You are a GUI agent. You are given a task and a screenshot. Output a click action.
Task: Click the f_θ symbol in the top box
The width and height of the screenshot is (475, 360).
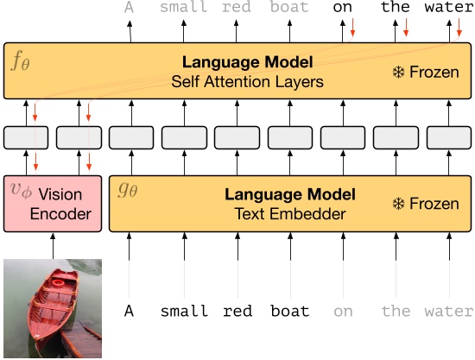pos(19,60)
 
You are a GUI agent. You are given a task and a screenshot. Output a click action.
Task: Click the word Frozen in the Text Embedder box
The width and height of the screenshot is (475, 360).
pos(434,204)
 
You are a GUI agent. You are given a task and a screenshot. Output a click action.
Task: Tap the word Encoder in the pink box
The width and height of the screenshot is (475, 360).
pos(60,214)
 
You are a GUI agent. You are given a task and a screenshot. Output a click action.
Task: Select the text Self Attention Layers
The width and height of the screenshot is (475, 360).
pos(248,83)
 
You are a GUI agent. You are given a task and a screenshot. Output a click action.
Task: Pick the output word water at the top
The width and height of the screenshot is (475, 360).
pos(449,9)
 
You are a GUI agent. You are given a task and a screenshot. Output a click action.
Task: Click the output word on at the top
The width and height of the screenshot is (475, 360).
pos(343,9)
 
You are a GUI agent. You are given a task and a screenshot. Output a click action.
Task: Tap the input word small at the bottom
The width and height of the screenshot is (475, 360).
pos(184,312)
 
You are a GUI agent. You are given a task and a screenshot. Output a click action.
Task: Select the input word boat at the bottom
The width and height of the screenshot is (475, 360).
pos(289,312)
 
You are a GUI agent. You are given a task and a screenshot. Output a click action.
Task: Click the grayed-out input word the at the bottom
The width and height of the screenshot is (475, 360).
pos(396,312)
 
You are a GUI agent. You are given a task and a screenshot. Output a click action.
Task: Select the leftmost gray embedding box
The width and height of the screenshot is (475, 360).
pos(26,136)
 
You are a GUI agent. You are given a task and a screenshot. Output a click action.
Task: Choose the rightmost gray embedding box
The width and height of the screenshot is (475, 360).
pos(448,136)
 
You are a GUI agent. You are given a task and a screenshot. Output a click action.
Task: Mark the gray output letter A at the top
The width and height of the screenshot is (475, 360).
pos(130,9)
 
